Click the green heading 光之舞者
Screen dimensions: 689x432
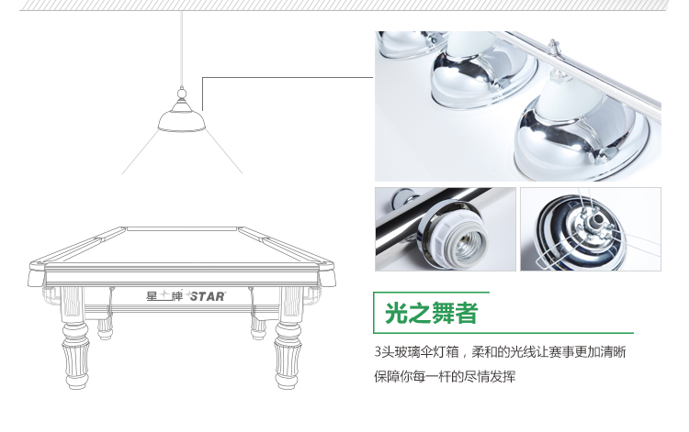[431, 313]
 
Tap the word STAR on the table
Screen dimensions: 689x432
[208, 296]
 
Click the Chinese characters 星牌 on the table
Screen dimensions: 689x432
[164, 296]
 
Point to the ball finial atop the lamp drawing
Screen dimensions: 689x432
[182, 93]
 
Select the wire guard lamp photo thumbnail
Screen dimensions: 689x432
[591, 229]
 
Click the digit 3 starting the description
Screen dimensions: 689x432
[378, 351]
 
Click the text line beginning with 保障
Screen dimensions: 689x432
[445, 376]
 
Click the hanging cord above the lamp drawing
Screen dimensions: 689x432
[182, 50]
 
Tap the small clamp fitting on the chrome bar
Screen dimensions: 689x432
[554, 48]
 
